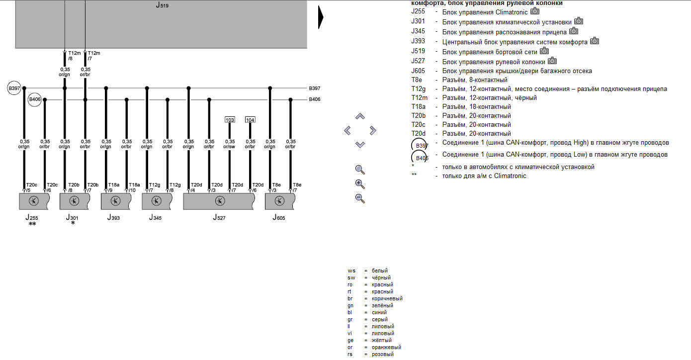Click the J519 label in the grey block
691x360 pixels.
coord(162,6)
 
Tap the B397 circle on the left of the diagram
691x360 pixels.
coord(13,88)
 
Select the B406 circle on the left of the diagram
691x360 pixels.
coord(34,99)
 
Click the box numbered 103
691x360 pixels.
coord(230,120)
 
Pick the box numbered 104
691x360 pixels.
coord(250,120)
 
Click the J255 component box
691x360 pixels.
coord(34,201)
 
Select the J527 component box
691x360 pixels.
coord(219,201)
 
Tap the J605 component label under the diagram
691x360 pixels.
coord(278,217)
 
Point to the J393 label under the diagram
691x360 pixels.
coord(113,217)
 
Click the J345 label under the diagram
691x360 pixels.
coord(155,217)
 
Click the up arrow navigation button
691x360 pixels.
coord(360,116)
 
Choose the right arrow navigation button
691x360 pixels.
coord(372,131)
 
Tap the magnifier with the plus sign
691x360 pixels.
coord(360,184)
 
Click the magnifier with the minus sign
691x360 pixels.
coord(360,198)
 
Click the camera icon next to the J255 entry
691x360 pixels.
coord(535,11)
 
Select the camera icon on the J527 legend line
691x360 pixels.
coord(552,61)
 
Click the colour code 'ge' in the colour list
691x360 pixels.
coord(351,340)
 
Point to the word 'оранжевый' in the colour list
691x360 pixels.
coord(386,347)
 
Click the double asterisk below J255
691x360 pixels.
coord(32,224)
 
